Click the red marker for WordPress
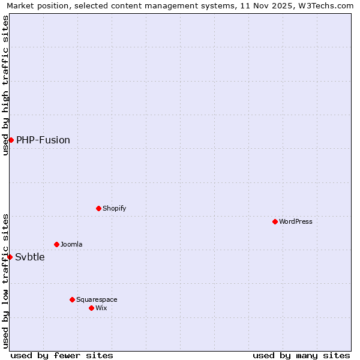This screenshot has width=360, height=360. click(x=275, y=221)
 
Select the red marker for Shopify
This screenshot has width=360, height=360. click(x=99, y=208)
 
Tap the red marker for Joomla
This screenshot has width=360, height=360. click(x=57, y=244)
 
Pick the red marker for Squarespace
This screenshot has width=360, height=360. click(x=73, y=299)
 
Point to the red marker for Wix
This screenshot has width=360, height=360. click(x=92, y=308)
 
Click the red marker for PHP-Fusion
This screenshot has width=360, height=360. click(x=11, y=140)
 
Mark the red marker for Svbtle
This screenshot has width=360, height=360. click(x=10, y=257)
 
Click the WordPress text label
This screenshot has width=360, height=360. click(x=296, y=221)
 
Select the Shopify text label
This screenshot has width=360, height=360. click(x=114, y=208)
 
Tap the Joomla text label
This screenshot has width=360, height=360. click(x=71, y=244)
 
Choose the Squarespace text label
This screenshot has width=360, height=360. click(x=97, y=299)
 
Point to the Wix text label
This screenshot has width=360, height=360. click(x=101, y=308)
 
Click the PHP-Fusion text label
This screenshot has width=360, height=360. click(x=43, y=140)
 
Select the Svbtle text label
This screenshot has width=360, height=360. click(x=30, y=257)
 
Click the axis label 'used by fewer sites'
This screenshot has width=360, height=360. click(x=62, y=355)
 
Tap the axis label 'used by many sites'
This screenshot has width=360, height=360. click(x=301, y=355)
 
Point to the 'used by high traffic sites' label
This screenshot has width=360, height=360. click(x=5, y=85)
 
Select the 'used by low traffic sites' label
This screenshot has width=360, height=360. click(x=5, y=281)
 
